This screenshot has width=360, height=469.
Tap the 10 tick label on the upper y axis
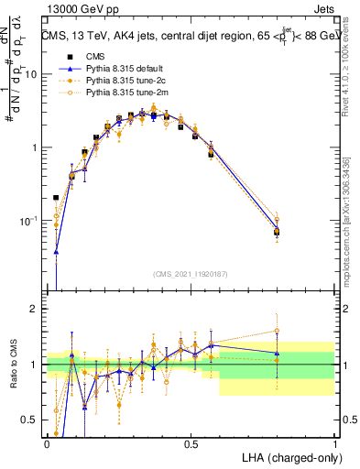coord(33,74)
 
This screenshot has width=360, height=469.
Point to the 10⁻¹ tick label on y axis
coord(31,221)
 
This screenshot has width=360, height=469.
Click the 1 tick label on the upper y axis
coord(37,147)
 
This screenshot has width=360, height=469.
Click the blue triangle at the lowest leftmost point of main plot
coord(56,251)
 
